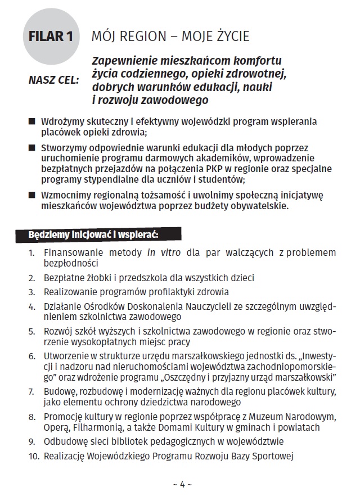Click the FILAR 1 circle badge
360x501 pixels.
[51, 38]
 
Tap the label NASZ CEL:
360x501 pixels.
[53, 80]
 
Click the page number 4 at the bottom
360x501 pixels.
[182, 484]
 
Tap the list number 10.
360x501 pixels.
[33, 456]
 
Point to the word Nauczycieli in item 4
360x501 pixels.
[193, 306]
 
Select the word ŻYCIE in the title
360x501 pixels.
[227, 37]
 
